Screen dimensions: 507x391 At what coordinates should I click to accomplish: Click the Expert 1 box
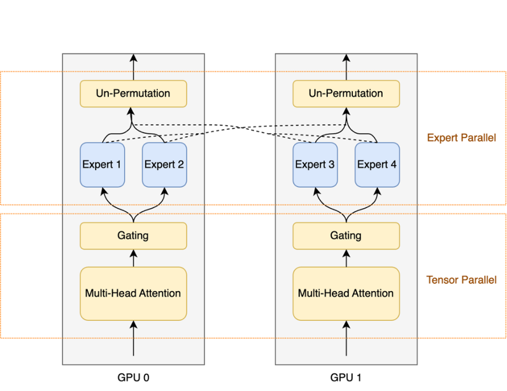pos(103,165)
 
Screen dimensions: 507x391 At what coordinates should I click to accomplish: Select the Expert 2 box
pos(164,165)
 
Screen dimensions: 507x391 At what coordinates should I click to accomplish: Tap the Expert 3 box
pos(315,165)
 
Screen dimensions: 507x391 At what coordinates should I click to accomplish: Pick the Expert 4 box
pos(377,165)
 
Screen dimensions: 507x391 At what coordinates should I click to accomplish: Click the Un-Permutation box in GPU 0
pos(133,94)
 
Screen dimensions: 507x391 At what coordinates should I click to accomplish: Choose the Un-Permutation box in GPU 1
pos(346,94)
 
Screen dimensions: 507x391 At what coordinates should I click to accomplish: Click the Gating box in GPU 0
pos(133,236)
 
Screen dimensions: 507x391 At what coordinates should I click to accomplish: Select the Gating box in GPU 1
pos(346,236)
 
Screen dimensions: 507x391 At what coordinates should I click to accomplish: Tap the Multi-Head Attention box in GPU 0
pos(133,294)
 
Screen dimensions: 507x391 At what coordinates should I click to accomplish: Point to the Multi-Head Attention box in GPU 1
pos(346,294)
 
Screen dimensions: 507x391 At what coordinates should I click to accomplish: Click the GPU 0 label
pos(133,378)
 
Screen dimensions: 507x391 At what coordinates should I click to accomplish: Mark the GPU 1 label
pos(346,378)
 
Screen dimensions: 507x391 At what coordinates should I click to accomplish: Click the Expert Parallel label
pos(461,138)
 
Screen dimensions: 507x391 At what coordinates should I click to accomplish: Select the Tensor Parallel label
pos(461,280)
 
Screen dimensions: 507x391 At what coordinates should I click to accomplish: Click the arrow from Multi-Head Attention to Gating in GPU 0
pos(134,258)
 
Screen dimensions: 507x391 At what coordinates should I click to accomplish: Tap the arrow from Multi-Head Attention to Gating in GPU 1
pos(346,258)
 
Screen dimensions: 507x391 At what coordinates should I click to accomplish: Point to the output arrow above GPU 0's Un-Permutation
pos(134,68)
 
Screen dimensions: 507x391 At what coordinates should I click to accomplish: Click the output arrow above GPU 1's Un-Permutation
pos(346,68)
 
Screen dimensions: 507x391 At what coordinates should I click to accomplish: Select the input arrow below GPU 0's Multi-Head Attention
pos(134,338)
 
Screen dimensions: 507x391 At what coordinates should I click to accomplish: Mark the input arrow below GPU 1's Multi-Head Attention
pos(346,338)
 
